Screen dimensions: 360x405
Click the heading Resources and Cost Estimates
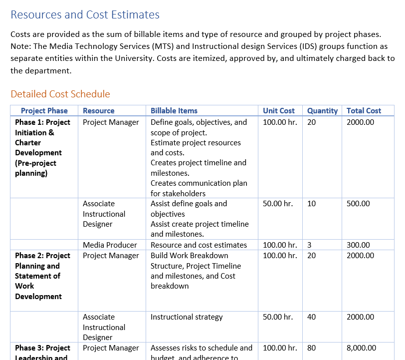point(85,15)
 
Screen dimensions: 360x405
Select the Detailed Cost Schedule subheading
point(60,94)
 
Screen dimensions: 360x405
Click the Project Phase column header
point(44,111)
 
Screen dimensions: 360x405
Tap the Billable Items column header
point(174,111)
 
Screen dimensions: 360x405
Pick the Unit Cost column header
point(279,111)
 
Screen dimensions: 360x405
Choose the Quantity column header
point(322,111)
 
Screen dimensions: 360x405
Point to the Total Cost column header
point(364,111)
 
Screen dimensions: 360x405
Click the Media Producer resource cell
point(110,245)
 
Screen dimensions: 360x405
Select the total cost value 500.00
point(358,204)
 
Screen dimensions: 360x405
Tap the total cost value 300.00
point(358,245)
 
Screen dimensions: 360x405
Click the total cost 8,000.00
point(361,348)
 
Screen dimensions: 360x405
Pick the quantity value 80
point(312,348)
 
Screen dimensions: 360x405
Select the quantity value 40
point(312,317)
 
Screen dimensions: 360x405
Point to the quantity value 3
point(309,245)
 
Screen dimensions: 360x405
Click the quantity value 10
point(312,204)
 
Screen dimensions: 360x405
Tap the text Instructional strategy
point(187,317)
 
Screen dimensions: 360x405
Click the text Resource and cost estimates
point(199,245)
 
